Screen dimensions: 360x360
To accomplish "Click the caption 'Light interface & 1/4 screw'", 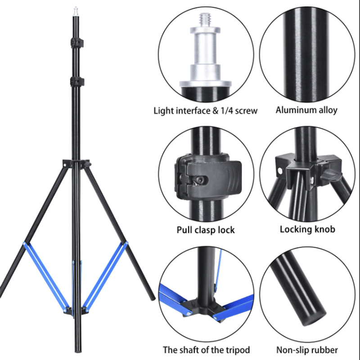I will click(x=206, y=111).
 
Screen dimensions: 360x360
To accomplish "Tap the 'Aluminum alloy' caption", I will click(x=306, y=110).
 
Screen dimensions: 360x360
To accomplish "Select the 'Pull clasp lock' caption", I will click(x=206, y=230).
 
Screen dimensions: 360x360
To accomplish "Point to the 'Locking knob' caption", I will click(x=307, y=229).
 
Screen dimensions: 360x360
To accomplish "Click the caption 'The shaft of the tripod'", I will click(x=206, y=350).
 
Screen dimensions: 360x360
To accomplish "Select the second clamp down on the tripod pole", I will click(x=76, y=82).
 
